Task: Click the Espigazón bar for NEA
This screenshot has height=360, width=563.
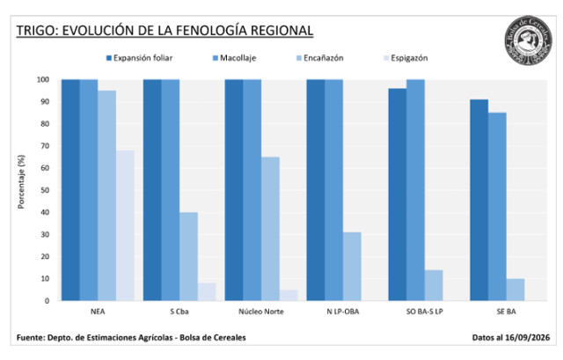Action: coord(125,225)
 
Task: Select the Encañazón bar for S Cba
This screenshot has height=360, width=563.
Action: coord(188,256)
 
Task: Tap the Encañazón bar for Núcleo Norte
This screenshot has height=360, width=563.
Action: coord(270,229)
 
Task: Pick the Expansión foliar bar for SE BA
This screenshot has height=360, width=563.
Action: coord(479,200)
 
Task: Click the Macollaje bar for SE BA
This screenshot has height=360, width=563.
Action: coord(497,207)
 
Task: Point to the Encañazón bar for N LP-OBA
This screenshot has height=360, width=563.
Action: coord(352,267)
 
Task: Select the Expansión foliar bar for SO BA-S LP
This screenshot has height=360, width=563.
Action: coord(398,195)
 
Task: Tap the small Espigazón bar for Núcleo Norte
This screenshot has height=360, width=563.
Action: coord(289,296)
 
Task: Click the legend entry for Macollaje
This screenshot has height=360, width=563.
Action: coord(235,58)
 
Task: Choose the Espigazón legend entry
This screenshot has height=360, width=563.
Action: coord(406,58)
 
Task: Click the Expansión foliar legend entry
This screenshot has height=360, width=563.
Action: coord(139,58)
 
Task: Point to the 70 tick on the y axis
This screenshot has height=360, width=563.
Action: coord(45,146)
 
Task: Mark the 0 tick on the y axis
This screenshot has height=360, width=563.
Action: coord(47,301)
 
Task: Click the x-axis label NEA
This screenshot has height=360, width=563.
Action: coord(98,312)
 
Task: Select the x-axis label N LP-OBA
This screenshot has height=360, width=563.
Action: coord(343,312)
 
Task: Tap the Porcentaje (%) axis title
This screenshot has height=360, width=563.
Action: coord(21,182)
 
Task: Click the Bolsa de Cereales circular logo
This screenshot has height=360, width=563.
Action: coord(528,41)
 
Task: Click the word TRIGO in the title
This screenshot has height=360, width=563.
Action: coord(35,31)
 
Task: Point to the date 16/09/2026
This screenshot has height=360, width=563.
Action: coord(528,338)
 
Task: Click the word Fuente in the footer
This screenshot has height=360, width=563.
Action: coord(30,338)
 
